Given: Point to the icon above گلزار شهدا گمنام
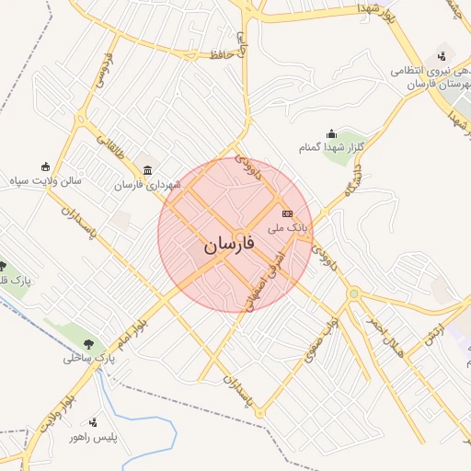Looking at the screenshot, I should click(x=331, y=134).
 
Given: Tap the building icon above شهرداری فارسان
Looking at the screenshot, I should click(x=149, y=169).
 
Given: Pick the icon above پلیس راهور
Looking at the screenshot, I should click(x=94, y=422).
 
